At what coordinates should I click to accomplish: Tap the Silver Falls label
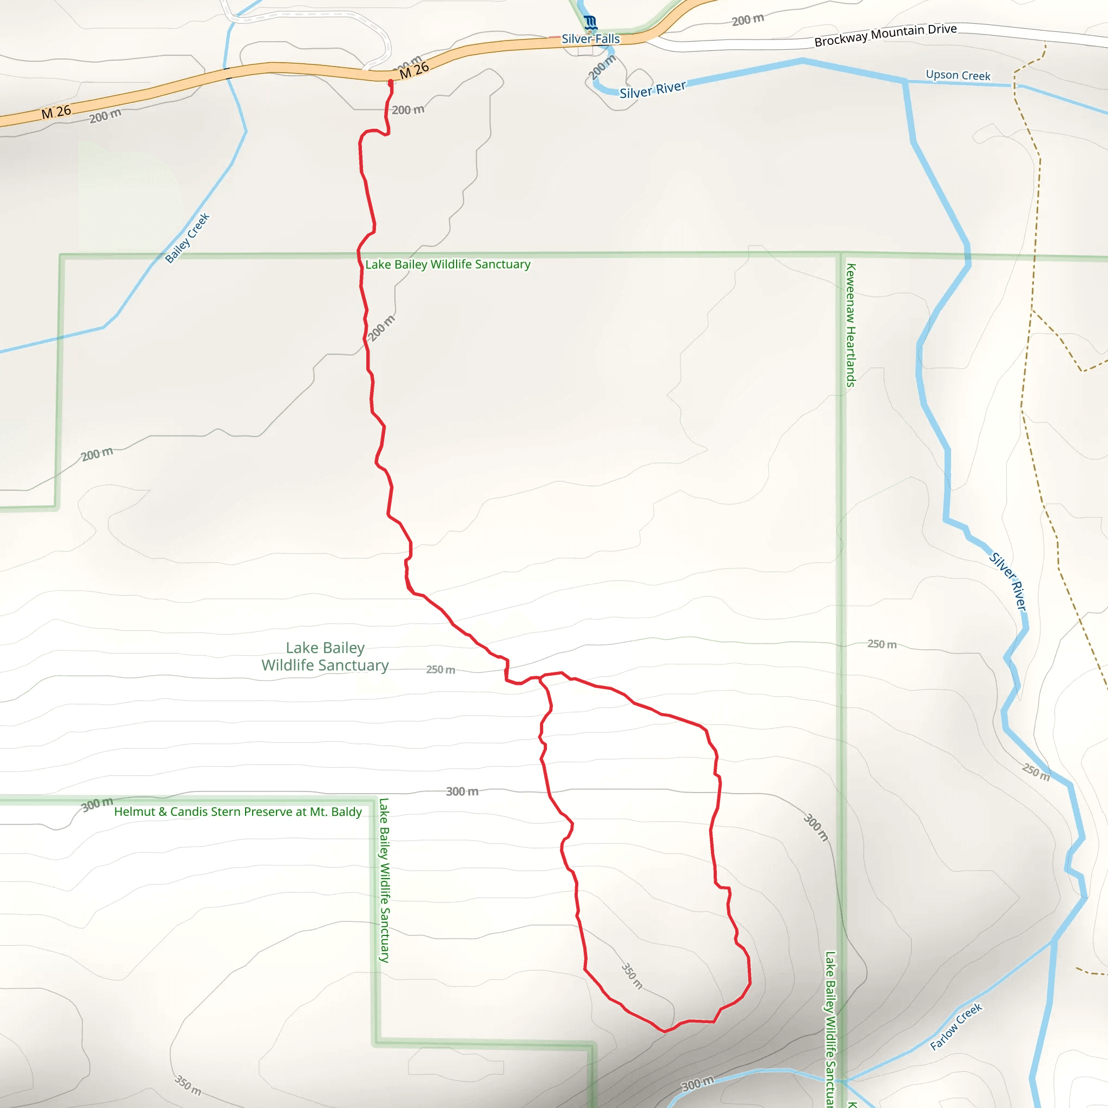(591, 39)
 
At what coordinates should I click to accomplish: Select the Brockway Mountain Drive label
(886, 35)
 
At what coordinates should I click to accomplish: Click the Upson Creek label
(958, 75)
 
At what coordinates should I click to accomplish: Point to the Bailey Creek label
(188, 238)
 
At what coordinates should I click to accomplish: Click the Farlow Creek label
(956, 1026)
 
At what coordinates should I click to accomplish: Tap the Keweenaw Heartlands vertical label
(851, 325)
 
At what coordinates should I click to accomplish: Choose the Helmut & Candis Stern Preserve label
(238, 812)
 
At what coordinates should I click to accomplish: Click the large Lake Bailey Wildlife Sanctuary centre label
(325, 657)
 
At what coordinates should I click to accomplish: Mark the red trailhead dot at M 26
(391, 82)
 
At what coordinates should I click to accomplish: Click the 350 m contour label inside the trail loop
(632, 976)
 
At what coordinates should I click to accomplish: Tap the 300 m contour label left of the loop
(462, 792)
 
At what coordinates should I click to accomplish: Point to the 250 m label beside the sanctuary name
(440, 669)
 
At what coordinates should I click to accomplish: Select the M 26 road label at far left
(56, 113)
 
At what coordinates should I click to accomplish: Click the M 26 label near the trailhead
(414, 70)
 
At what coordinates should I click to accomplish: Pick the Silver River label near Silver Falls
(652, 89)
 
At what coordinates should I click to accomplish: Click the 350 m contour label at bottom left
(188, 1086)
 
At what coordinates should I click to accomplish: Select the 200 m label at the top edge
(748, 20)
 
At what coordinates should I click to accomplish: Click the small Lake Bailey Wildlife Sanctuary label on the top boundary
(448, 265)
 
